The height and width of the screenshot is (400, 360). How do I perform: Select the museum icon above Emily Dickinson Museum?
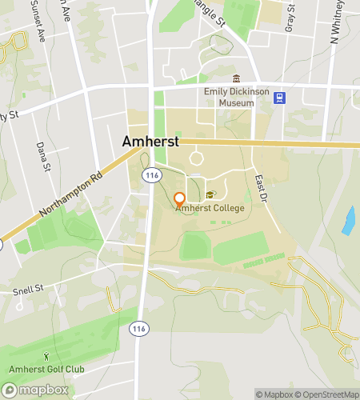pyautogui.click(x=235, y=78)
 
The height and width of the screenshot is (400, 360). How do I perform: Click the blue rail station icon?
pyautogui.click(x=279, y=98)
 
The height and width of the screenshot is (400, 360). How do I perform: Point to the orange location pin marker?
pyautogui.click(x=179, y=198)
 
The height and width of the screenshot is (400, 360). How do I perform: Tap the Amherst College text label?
pyautogui.click(x=210, y=208)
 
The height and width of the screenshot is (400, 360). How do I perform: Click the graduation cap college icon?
pyautogui.click(x=210, y=195)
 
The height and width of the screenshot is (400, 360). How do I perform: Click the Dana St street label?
pyautogui.click(x=43, y=156)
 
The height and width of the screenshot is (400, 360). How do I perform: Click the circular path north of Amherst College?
pyautogui.click(x=196, y=158)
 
